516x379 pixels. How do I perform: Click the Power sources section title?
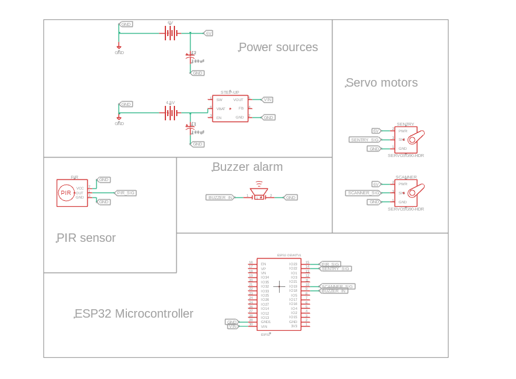tap(278, 48)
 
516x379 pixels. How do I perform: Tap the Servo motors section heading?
tap(381, 83)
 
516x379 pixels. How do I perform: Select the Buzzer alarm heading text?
tap(247, 167)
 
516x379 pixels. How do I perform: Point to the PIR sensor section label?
tap(86, 238)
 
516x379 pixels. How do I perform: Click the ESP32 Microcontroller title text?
tap(134, 314)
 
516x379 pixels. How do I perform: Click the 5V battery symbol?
tap(171, 33)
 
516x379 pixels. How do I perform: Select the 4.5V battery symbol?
tap(171, 112)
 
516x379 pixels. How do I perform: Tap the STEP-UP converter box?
tap(230, 109)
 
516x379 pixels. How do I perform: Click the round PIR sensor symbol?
tap(66, 193)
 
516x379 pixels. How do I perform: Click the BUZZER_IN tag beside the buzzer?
tap(220, 197)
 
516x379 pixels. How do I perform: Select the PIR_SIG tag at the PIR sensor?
tap(125, 193)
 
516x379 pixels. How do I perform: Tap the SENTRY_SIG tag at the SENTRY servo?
tap(364, 140)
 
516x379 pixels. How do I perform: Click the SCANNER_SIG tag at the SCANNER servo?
tap(363, 193)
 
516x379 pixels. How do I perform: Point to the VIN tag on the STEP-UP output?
tap(266, 100)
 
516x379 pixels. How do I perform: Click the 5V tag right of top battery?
tap(208, 33)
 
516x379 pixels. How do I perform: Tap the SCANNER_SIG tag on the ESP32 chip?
tap(337, 286)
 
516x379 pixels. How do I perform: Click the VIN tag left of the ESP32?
tap(232, 326)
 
